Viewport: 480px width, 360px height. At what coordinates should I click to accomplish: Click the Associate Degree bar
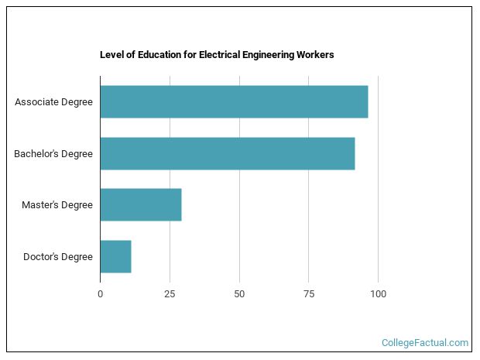pos(234,101)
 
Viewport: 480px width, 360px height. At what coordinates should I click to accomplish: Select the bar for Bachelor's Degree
pos(227,153)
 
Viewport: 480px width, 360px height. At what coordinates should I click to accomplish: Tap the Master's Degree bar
pos(140,204)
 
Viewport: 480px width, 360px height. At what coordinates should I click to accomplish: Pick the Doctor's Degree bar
pos(115,256)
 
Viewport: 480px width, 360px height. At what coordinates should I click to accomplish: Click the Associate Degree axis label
pos(53,102)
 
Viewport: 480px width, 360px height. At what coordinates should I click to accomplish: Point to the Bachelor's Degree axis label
pos(53,154)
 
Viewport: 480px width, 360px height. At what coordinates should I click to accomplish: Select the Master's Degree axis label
pos(57,205)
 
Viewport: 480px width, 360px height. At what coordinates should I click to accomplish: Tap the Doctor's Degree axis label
pos(58,257)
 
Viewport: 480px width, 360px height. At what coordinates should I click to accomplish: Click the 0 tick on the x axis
pos(100,294)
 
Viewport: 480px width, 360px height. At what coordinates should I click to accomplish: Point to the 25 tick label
pos(170,294)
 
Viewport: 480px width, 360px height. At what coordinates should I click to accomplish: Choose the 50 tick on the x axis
pos(239,294)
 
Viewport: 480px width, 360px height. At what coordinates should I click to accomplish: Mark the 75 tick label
pos(309,294)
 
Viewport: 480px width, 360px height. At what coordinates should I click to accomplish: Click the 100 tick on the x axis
pos(379,294)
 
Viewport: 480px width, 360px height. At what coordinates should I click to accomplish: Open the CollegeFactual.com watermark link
pos(425,342)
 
